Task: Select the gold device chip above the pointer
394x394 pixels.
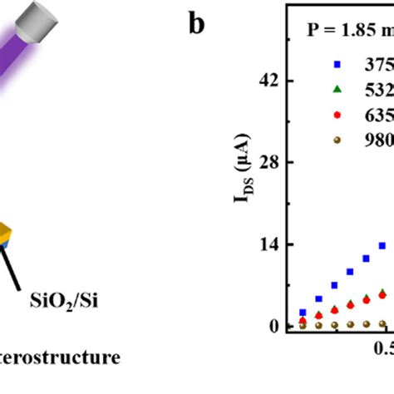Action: (x=4, y=234)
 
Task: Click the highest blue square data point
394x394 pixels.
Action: (x=383, y=245)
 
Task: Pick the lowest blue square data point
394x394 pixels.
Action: (x=303, y=313)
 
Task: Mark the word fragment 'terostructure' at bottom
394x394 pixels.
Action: (x=58, y=359)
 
